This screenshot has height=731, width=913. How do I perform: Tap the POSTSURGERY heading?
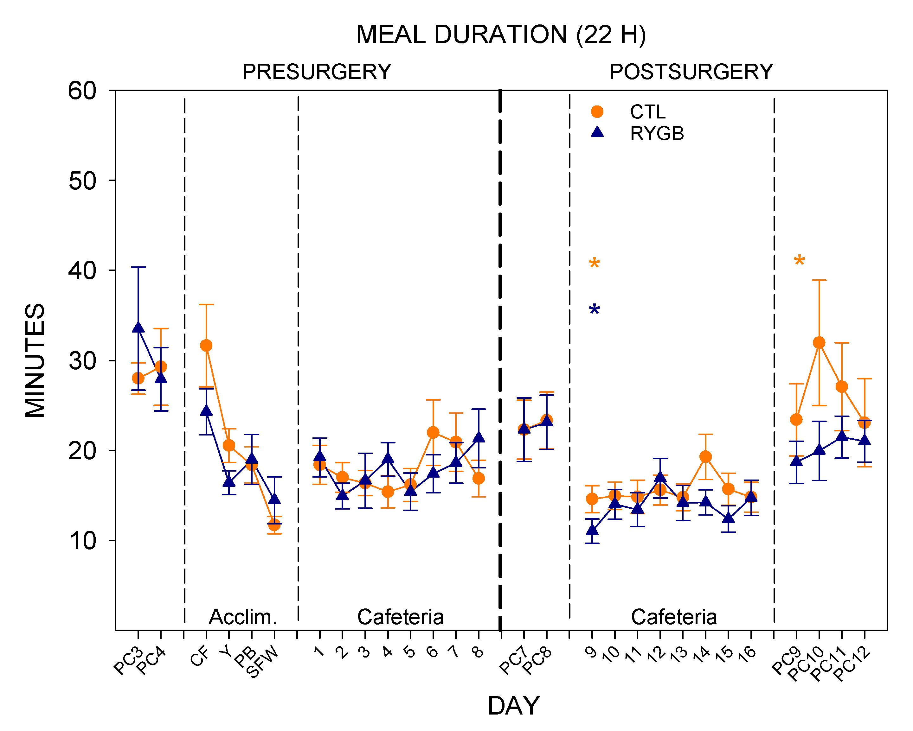pos(691,72)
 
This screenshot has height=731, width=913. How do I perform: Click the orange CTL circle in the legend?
pos(597,112)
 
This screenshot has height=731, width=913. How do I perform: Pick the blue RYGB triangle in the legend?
pos(597,132)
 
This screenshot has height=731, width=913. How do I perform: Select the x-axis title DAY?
pos(513,706)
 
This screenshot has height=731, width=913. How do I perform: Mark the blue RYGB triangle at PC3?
pos(138,327)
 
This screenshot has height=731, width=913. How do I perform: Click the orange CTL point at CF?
pos(206,346)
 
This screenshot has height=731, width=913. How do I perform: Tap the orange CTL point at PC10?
pos(819,342)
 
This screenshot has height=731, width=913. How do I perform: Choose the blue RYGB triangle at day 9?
pos(592,530)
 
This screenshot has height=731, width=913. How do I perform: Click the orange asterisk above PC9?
pos(799,260)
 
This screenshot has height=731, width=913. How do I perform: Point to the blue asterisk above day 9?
pos(594,309)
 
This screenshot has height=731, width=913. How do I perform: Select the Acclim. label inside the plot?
pos(243,617)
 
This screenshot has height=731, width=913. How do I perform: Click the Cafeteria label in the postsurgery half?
pos(674,617)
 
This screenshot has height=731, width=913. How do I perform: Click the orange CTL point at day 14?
pos(705,457)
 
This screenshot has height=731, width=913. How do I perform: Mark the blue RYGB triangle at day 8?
pos(479,437)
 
